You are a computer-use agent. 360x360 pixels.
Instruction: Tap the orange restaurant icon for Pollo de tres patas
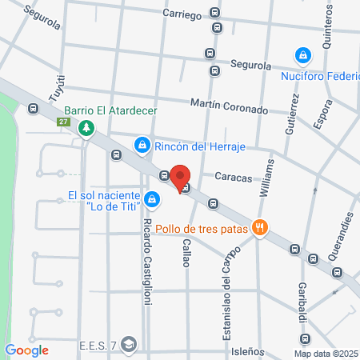259,228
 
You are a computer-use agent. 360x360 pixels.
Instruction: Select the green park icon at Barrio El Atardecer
85,126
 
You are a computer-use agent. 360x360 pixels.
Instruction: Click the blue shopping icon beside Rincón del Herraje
142,145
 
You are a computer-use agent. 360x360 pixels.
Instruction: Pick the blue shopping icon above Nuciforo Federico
302,56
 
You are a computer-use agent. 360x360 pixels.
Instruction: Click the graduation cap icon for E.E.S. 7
130,346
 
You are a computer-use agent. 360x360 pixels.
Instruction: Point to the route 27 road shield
63,122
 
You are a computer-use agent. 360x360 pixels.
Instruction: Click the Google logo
26,350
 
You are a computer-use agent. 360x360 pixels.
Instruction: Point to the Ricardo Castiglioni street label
146,239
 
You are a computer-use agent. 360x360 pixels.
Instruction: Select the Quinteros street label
328,28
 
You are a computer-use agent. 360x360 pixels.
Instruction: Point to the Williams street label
269,177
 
